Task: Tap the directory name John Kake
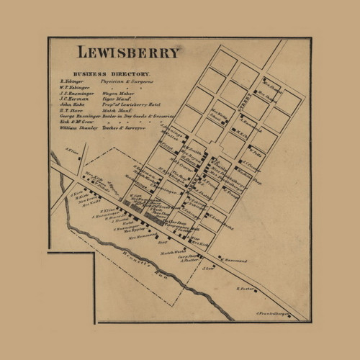tap(72, 105)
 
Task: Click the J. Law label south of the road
tap(210, 269)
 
